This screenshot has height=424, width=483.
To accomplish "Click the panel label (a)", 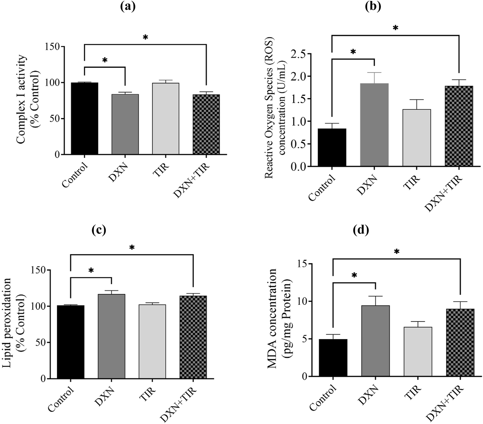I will [x=127, y=6].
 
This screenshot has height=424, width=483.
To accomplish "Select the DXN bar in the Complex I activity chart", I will [x=125, y=124].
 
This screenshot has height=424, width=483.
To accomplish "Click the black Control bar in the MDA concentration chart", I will [x=333, y=358].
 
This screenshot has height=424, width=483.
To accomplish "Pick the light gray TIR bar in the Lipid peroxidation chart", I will [x=152, y=341].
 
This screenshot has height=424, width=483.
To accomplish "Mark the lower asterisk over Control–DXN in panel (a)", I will [x=105, y=60].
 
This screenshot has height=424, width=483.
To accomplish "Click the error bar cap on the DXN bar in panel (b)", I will [x=374, y=73].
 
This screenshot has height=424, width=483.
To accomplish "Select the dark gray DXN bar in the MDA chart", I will [x=376, y=341].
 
